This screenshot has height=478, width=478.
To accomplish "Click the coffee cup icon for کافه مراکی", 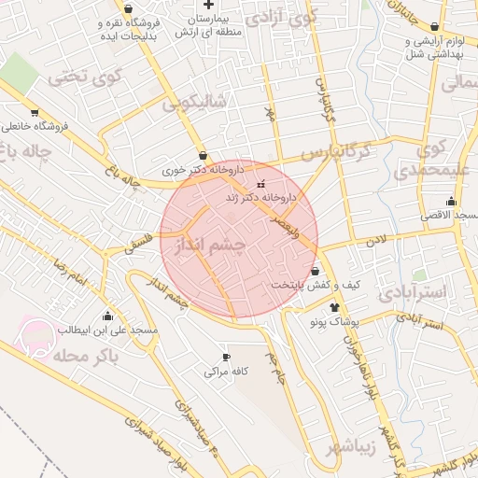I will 226,358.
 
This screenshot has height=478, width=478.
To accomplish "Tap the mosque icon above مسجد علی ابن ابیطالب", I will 108,316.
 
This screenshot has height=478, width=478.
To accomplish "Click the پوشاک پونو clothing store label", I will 334,320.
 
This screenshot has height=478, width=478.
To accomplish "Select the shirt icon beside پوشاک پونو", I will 334,306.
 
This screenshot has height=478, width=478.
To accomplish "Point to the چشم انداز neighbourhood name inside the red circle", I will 205,248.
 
